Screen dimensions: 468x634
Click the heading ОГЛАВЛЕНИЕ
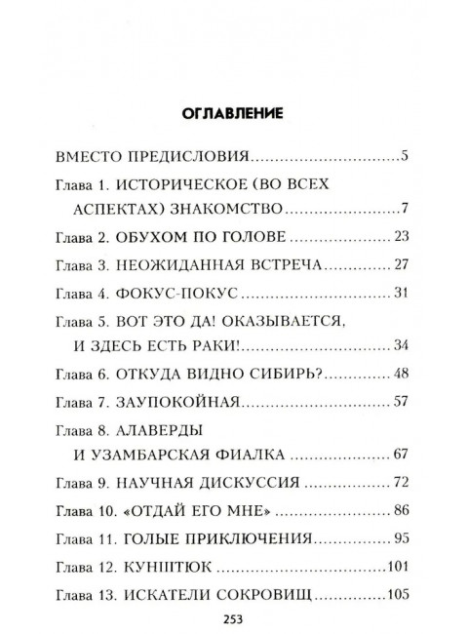pos(233,113)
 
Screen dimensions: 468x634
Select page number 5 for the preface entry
pos(403,155)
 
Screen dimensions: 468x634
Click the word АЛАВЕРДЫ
pos(162,429)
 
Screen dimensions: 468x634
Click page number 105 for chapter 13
pos(396,595)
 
